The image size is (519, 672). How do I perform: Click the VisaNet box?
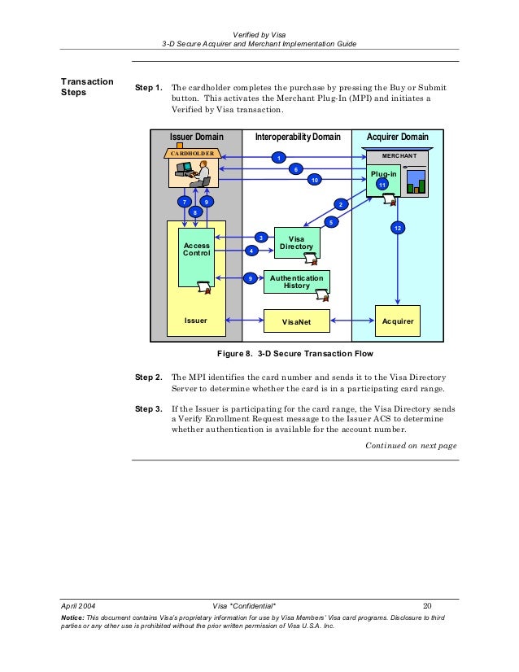coord(297,321)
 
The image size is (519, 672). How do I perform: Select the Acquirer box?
coord(398,321)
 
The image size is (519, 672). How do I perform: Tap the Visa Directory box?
coord(297,242)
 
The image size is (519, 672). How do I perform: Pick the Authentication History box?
coord(297,281)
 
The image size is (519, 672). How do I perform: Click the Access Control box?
coord(196,257)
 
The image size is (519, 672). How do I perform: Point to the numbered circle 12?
coord(398,228)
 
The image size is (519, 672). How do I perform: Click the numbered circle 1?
coord(278,158)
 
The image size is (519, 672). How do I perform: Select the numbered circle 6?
coord(296,169)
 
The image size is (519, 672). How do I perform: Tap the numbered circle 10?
coord(315,180)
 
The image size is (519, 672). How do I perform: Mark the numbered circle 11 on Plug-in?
coord(382,185)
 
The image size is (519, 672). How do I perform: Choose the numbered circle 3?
coord(261,238)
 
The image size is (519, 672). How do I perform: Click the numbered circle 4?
coord(251,251)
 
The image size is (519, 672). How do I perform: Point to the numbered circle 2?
coord(341,204)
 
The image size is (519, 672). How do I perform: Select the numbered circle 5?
coord(331,222)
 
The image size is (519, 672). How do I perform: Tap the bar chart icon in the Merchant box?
coord(417,181)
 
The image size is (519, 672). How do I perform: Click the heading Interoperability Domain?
coord(298,137)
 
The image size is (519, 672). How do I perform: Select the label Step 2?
coord(148,377)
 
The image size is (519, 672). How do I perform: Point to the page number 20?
coord(427,605)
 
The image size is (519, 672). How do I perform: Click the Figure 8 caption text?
coord(294,354)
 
